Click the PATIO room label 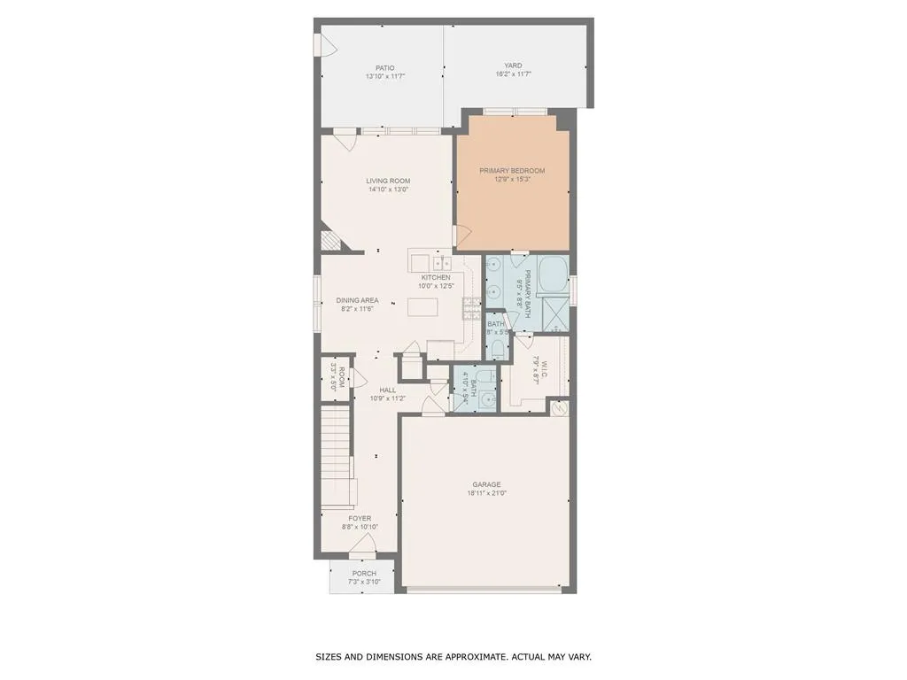(x=384, y=67)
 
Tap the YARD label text (x=513, y=66)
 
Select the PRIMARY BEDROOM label (x=512, y=170)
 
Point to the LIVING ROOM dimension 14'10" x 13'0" (x=388, y=189)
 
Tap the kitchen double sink (x=442, y=263)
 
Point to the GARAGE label (x=486, y=484)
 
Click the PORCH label (x=364, y=573)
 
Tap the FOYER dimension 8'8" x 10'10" (x=360, y=528)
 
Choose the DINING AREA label (x=357, y=300)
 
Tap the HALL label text (x=388, y=390)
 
